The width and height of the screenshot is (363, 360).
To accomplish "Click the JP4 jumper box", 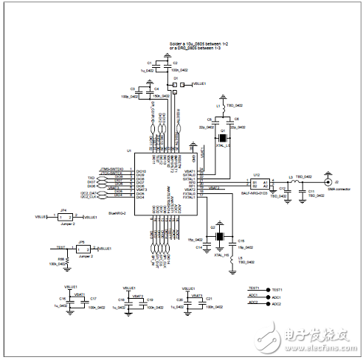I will pos(67,218).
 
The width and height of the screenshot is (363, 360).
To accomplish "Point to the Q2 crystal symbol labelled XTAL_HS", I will pos(219,237).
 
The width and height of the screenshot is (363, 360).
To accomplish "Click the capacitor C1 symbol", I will pos(158,66).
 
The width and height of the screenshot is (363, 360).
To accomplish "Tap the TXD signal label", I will pos(91,178).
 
